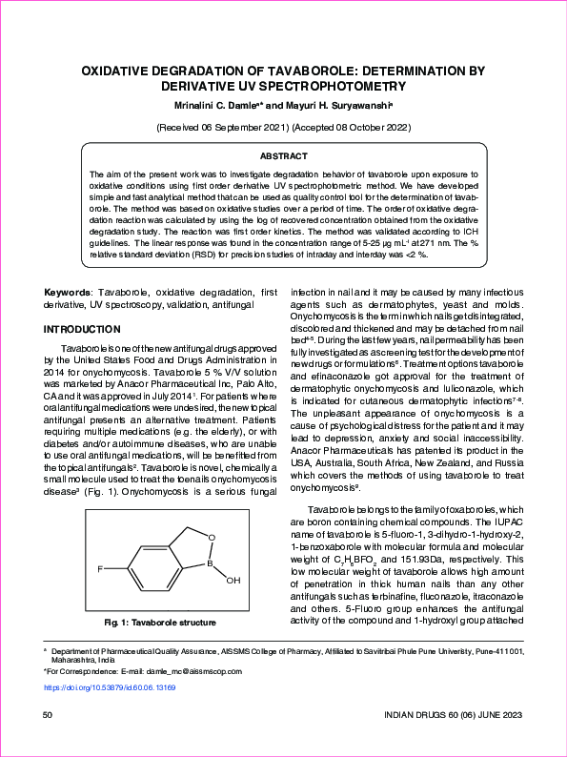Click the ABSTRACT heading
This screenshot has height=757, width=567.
click(x=283, y=154)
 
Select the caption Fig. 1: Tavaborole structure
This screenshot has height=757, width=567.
click(x=160, y=623)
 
